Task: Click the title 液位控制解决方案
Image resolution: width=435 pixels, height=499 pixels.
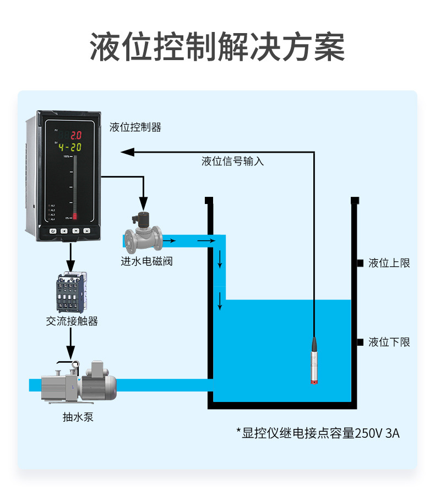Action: [218, 47]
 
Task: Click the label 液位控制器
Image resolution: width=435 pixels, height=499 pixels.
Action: [135, 127]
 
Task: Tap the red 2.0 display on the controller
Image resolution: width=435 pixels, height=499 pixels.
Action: [75, 135]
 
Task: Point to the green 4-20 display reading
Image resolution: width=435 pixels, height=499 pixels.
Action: [70, 147]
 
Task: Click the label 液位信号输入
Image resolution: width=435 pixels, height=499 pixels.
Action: [232, 162]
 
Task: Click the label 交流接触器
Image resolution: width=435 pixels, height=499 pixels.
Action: [72, 321]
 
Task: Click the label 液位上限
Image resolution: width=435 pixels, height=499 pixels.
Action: [389, 263]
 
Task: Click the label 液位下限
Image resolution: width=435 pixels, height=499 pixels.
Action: [389, 342]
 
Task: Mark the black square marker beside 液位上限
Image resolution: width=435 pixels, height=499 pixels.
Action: [360, 263]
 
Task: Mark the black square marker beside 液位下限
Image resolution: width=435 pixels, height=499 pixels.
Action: [360, 342]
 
